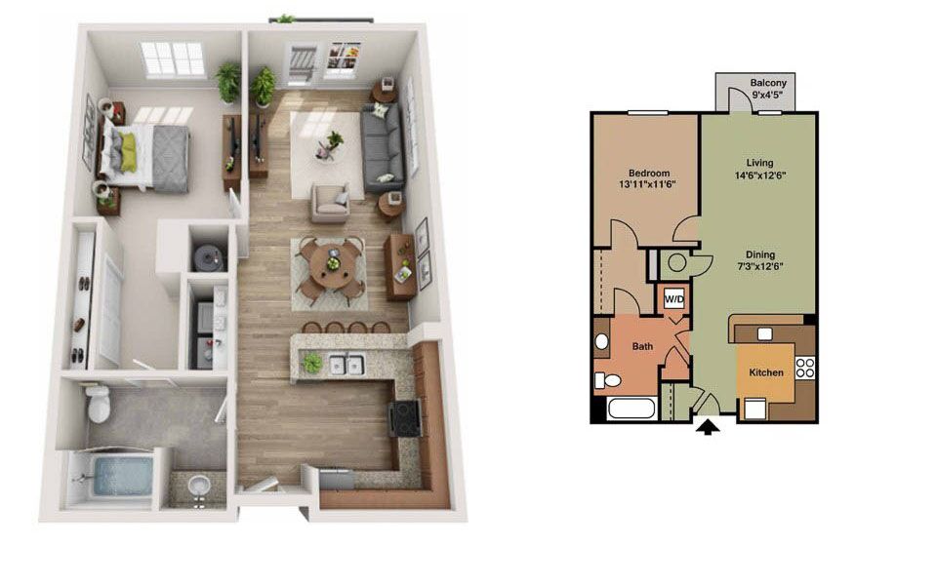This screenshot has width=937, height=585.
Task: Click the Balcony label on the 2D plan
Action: (x=768, y=83)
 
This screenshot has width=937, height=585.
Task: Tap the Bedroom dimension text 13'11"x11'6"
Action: (x=647, y=184)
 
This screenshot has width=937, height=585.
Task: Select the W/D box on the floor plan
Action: (x=674, y=299)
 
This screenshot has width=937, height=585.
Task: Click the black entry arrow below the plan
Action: (x=709, y=427)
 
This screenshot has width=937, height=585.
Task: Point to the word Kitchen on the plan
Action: (x=766, y=372)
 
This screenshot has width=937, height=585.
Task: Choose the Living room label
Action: (x=759, y=163)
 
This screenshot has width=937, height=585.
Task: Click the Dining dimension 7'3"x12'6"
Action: (x=760, y=266)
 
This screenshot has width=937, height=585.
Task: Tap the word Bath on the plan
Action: (x=642, y=346)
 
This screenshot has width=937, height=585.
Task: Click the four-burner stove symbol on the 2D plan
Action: (x=805, y=368)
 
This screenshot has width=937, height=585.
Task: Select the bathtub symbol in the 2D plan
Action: (x=631, y=409)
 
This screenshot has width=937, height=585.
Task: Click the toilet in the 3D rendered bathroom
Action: (x=98, y=403)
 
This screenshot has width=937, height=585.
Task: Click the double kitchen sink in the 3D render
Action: (x=347, y=365)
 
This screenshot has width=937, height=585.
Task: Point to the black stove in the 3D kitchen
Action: (x=405, y=417)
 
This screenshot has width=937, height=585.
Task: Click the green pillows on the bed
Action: (x=128, y=152)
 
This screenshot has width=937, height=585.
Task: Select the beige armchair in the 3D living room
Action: (x=330, y=203)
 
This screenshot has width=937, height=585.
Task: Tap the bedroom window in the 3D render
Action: (x=174, y=59)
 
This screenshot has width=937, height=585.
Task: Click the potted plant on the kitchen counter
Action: (x=311, y=363)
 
